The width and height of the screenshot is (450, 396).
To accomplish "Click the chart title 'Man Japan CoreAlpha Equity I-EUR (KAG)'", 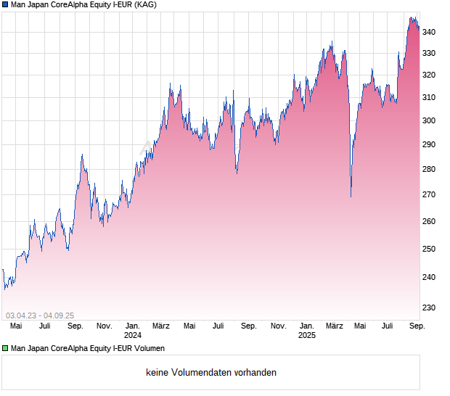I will [x=83, y=5].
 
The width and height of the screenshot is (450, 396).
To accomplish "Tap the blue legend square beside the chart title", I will [x=6, y=5].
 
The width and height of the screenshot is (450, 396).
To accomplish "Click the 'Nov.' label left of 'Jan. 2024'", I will [x=104, y=326].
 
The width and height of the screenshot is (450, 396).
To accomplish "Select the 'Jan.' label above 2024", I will [x=133, y=326].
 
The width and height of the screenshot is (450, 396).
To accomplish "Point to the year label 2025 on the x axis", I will [x=307, y=336].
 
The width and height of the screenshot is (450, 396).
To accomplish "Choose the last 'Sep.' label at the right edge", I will [x=417, y=326].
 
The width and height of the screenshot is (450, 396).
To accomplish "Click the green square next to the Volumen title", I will [x=6, y=348].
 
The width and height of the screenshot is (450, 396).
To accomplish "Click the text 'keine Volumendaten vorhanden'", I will [x=211, y=373].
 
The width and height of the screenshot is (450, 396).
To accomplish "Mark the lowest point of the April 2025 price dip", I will [x=351, y=197].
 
